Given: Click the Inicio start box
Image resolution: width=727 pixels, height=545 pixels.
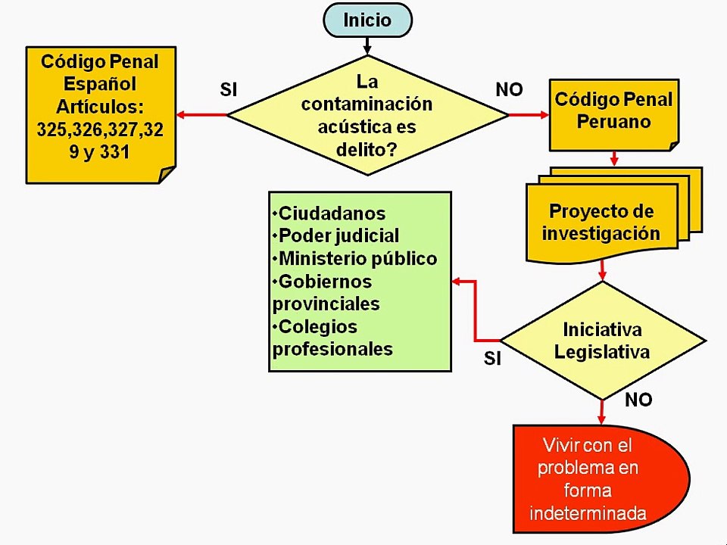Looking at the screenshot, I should click(367, 20).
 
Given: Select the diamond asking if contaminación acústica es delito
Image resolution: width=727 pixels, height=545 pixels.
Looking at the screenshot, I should click(367, 115).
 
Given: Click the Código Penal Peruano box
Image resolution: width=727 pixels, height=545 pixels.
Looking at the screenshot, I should click(613, 112).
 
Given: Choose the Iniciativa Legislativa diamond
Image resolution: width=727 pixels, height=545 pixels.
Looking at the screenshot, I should click(602, 341).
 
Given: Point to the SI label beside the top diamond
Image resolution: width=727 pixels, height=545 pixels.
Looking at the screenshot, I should click(229, 89).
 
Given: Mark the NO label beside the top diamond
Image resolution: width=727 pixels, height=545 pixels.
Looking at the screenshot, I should click(509, 89).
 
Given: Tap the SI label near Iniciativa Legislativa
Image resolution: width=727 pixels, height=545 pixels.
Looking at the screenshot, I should click(493, 359).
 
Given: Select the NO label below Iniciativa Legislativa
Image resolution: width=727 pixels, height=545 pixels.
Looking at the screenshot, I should click(638, 400).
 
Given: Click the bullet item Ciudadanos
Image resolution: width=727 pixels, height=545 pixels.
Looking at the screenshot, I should click(330, 213).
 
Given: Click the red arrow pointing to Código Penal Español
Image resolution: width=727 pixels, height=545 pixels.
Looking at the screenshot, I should click(201, 115).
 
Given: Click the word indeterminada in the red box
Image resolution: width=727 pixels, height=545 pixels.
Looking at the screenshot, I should click(588, 513).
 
